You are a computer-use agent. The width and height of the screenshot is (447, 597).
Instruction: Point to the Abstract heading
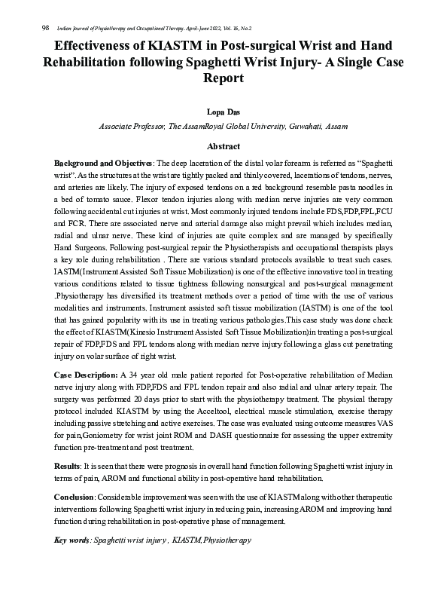[223, 146]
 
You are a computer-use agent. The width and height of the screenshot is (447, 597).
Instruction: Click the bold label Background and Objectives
[102, 163]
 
